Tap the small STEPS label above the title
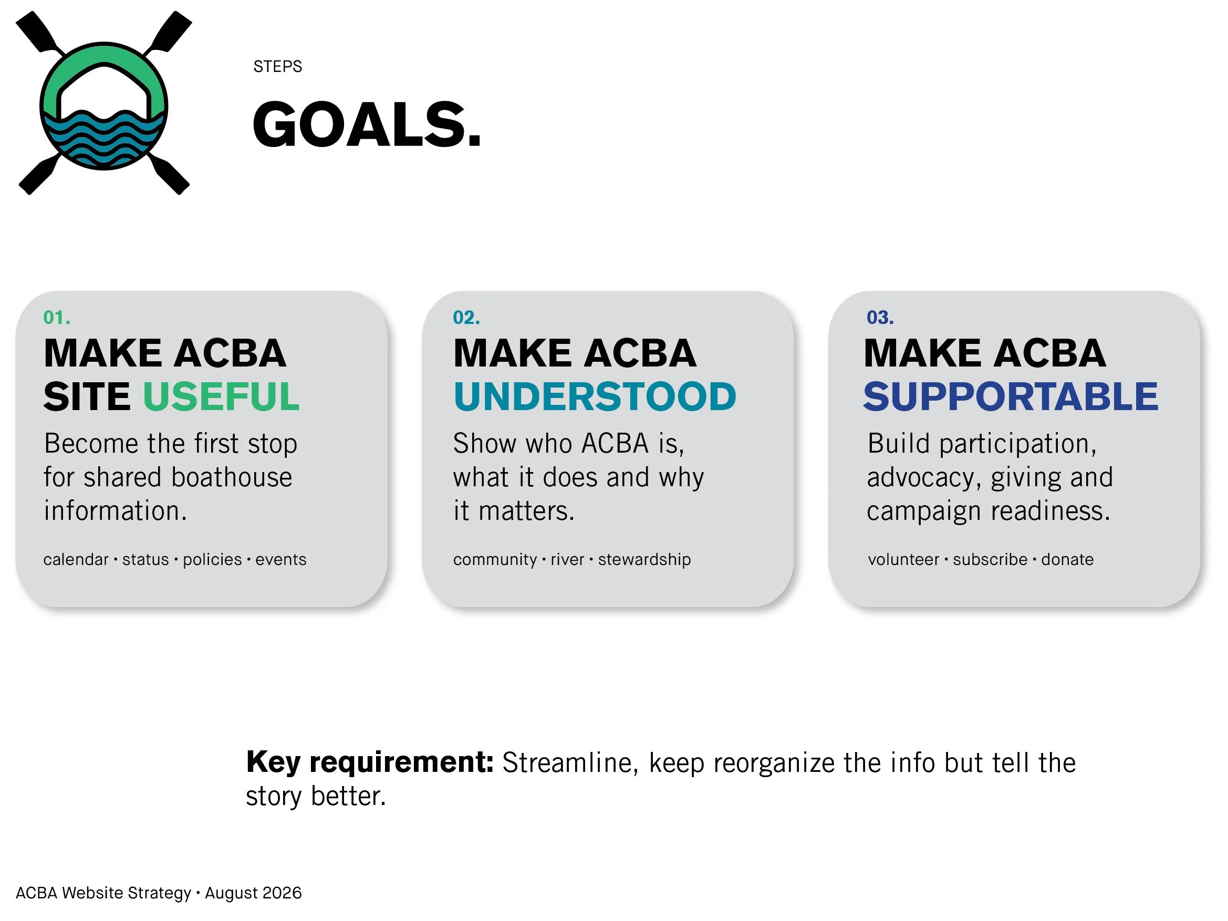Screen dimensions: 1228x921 coord(277,67)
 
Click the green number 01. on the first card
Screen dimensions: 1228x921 coord(57,318)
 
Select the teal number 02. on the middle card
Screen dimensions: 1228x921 coord(466,318)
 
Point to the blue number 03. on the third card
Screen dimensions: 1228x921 coord(880,318)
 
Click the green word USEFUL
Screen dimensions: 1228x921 coord(222,396)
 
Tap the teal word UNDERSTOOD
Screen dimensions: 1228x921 coord(595,396)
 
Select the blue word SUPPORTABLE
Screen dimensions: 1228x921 coord(1011,396)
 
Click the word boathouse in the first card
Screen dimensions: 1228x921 coord(232,477)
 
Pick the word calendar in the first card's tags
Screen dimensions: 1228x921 coord(76,559)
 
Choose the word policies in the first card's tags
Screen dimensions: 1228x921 coord(213,560)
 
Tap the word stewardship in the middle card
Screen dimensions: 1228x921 coord(644,560)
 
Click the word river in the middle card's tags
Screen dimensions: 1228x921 coord(567,559)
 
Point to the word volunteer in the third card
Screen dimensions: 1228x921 coord(903,559)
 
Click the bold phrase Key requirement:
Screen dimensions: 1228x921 coord(370,763)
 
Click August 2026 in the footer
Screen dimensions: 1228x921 coord(253,893)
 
